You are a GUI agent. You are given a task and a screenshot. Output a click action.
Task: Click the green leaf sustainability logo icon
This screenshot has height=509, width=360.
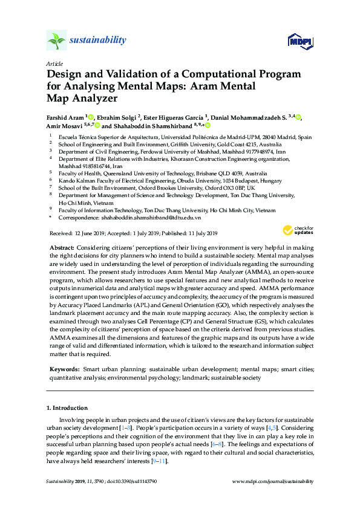click(56, 41)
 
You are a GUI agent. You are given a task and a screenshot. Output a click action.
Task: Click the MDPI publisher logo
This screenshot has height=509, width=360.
click(301, 41)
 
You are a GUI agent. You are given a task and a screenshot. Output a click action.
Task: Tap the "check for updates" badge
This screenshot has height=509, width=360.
click(298, 230)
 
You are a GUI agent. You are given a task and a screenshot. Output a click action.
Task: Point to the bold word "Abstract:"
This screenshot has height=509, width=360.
click(61, 248)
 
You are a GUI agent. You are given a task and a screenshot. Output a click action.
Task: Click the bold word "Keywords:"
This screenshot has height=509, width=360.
click(65, 368)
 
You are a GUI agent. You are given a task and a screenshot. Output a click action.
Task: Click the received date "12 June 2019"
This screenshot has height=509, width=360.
click(90, 233)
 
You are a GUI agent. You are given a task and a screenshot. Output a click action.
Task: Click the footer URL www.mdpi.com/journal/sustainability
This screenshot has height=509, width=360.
click(273, 481)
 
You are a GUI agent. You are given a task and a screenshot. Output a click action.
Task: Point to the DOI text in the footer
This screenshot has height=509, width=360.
click(134, 481)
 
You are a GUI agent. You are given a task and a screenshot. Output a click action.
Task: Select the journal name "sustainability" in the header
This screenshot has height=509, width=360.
click(97, 41)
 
